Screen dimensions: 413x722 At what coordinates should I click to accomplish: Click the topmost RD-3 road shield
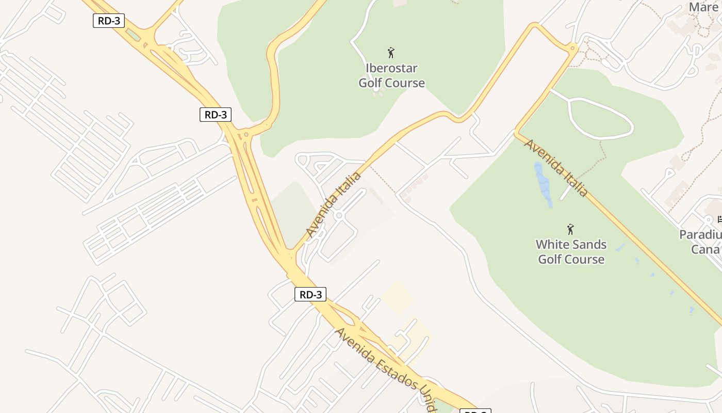click(x=109, y=21)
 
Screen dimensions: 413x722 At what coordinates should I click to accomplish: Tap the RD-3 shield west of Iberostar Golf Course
click(x=215, y=115)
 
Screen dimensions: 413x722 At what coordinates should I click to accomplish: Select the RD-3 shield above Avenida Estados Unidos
click(x=310, y=295)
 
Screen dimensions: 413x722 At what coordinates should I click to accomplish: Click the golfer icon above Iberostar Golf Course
click(x=391, y=53)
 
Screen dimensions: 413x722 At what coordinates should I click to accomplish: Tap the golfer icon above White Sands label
click(x=570, y=229)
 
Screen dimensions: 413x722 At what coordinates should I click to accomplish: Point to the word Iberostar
click(x=391, y=68)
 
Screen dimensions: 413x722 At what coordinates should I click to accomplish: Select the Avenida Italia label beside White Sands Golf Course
click(x=556, y=167)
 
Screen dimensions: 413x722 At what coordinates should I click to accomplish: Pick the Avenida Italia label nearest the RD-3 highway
click(x=333, y=205)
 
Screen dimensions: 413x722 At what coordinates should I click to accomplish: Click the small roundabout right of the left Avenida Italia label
click(x=339, y=215)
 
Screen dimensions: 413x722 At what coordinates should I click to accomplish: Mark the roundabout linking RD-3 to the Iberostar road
click(x=247, y=135)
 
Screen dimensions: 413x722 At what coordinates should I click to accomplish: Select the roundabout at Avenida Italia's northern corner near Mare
click(x=572, y=49)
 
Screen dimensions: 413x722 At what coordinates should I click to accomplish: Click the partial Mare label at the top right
click(x=703, y=8)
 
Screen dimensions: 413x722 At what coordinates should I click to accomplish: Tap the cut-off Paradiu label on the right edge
click(x=700, y=235)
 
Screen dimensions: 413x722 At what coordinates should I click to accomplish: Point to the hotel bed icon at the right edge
click(x=719, y=219)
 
